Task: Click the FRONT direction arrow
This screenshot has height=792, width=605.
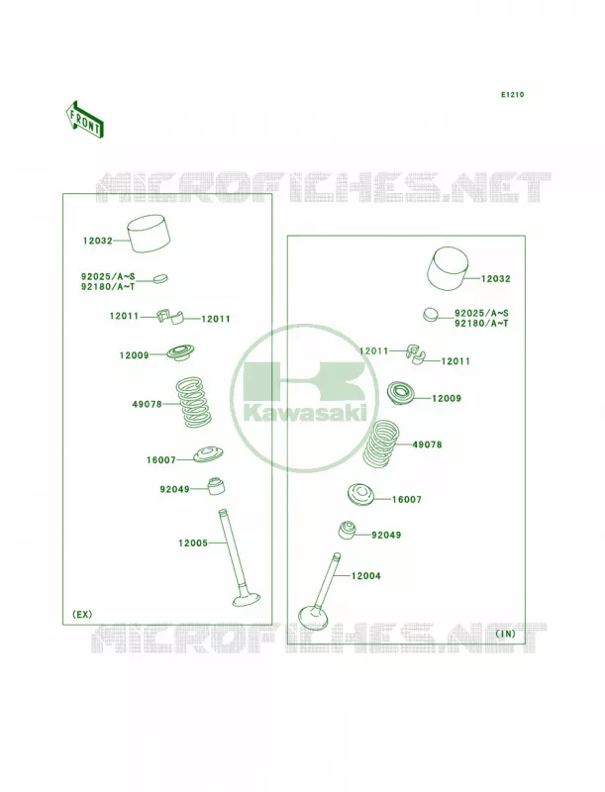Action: pos(85,119)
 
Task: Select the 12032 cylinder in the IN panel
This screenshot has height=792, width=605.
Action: pos(448,268)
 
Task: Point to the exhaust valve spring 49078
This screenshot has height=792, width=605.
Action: pos(193,403)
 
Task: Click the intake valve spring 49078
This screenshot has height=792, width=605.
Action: pos(381,444)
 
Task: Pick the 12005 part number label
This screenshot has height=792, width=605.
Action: pos(193,543)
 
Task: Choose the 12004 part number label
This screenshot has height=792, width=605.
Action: pos(366,576)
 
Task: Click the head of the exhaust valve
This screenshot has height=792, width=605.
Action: pos(247,600)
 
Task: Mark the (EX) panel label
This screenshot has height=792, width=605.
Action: pos(82,614)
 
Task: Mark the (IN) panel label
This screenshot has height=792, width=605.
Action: pos(505,634)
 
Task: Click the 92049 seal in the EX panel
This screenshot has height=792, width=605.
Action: pos(217,485)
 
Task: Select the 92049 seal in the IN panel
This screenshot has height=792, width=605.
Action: pos(347,529)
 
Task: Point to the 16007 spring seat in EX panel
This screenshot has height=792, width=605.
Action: pos(209,454)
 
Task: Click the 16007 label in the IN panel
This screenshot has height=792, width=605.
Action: pos(407,500)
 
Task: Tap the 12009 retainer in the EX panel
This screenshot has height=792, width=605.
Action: pos(180,352)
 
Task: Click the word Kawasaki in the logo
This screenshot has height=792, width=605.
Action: pos(306,413)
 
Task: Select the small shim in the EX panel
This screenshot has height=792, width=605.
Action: pos(159,278)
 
